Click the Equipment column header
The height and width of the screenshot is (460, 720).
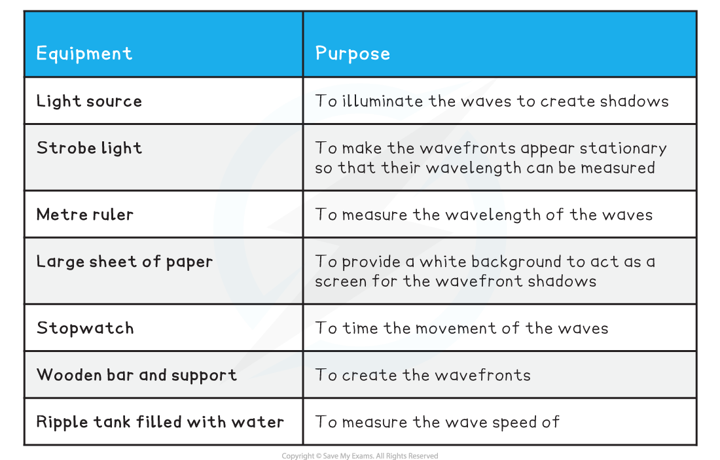[x=84, y=53]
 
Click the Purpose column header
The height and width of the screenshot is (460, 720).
[x=352, y=53]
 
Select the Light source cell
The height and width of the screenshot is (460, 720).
[x=89, y=101]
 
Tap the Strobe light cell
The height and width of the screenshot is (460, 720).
[x=89, y=148]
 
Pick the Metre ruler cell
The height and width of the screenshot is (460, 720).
[x=85, y=214]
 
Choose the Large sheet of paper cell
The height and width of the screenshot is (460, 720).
[x=124, y=262]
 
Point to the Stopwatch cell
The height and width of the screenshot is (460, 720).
[x=85, y=328]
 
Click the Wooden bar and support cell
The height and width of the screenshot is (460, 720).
[x=136, y=375]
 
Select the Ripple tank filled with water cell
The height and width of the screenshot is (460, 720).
[x=160, y=422]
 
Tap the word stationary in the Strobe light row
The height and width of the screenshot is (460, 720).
[x=621, y=148]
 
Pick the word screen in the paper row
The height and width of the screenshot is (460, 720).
[x=340, y=281]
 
